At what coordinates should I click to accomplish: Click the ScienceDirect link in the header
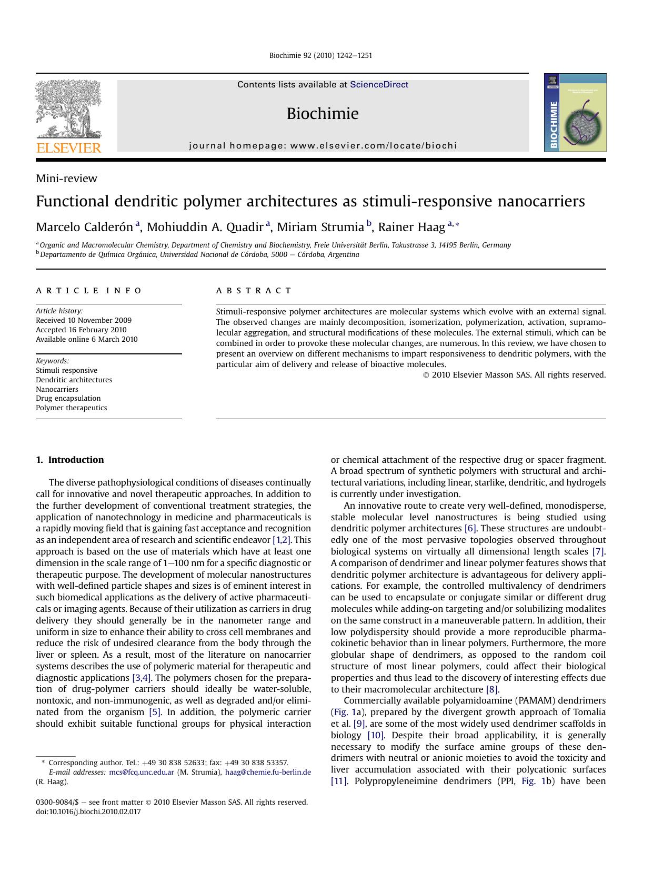point(379,85)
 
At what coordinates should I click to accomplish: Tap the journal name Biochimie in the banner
point(323,114)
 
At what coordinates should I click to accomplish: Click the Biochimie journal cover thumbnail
point(575,113)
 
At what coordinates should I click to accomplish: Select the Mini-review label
point(66,179)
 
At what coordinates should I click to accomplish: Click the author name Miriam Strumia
point(320,227)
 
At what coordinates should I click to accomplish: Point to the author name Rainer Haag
point(411,227)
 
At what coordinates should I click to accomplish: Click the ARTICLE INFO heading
point(89,291)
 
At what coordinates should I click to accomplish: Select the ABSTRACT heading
point(254,291)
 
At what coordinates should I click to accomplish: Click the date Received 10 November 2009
point(84,320)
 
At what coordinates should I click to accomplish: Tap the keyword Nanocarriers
point(57,389)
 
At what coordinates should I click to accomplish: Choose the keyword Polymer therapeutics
point(71,408)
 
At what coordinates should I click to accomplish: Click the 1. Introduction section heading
point(69,460)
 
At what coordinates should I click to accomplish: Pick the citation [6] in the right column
point(470,528)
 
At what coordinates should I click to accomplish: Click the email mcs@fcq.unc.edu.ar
point(142,772)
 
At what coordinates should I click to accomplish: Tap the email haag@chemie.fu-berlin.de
point(268,772)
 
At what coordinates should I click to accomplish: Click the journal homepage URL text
point(323,146)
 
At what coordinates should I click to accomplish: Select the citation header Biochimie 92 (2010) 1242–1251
point(320,55)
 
